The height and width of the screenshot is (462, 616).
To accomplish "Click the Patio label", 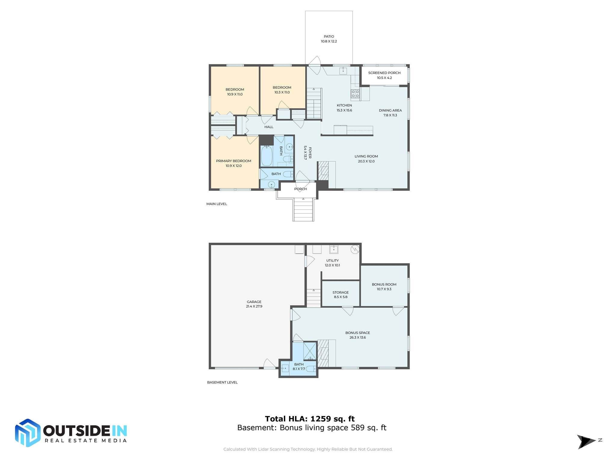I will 329,36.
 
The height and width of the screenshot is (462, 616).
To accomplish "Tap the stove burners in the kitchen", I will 355,94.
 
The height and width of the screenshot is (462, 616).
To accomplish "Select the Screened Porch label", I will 384,73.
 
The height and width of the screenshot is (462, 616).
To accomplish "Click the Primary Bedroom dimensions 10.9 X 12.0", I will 233,166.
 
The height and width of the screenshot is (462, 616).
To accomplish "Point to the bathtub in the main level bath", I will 266,156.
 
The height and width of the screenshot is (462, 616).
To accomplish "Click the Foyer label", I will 310,153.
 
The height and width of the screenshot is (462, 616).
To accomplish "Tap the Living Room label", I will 366,156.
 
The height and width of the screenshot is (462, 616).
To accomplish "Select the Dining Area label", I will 390,110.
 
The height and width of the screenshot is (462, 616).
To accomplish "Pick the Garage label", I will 254,302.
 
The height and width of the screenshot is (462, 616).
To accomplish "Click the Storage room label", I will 340,292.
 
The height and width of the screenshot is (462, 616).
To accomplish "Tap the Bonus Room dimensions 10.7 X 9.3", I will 384,289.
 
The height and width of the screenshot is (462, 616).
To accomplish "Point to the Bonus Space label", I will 357,333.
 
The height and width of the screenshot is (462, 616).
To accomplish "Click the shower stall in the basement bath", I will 310,351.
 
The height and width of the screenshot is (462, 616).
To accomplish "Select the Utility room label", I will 332,260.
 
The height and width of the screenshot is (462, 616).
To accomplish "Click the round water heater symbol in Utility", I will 355,249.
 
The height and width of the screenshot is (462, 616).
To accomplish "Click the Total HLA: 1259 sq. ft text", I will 310,419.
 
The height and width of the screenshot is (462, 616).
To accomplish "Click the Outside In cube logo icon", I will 28,433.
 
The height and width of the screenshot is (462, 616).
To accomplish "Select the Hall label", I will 269,127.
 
